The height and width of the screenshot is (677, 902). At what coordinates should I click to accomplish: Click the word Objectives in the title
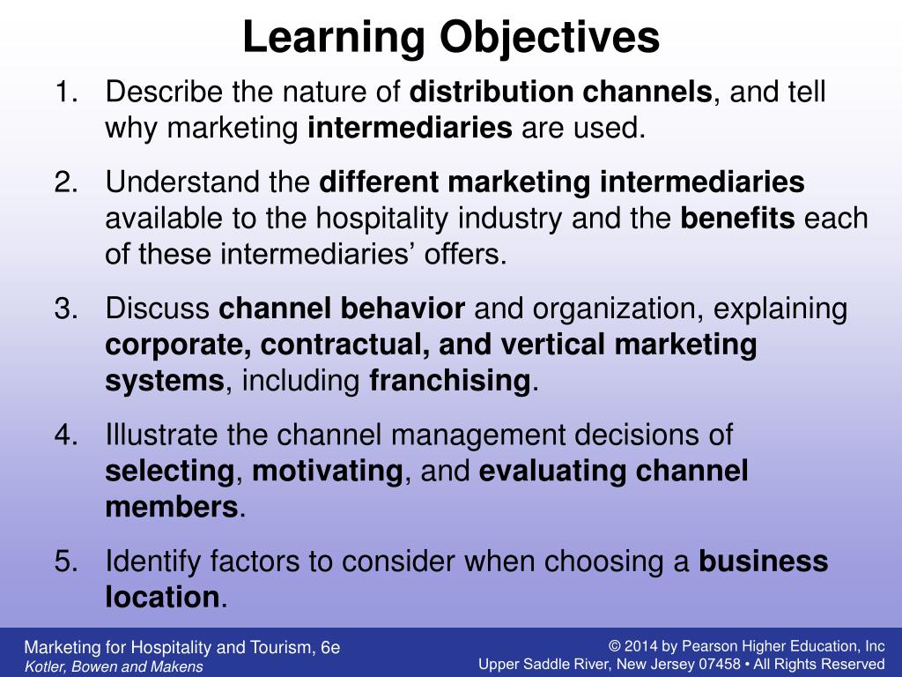tap(549, 38)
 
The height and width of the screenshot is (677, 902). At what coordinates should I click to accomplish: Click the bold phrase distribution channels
tap(562, 91)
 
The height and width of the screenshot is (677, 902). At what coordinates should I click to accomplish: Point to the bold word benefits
tap(738, 219)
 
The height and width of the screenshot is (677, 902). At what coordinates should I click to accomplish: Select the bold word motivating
tap(327, 471)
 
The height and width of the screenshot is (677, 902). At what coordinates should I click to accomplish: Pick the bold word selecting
tap(169, 471)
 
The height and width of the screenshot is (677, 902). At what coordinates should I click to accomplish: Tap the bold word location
tap(162, 597)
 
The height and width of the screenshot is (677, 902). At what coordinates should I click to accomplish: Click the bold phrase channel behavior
tap(342, 309)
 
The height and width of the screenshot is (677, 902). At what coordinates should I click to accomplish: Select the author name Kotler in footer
tap(42, 666)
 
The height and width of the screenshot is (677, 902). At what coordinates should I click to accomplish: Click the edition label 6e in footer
tap(330, 648)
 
